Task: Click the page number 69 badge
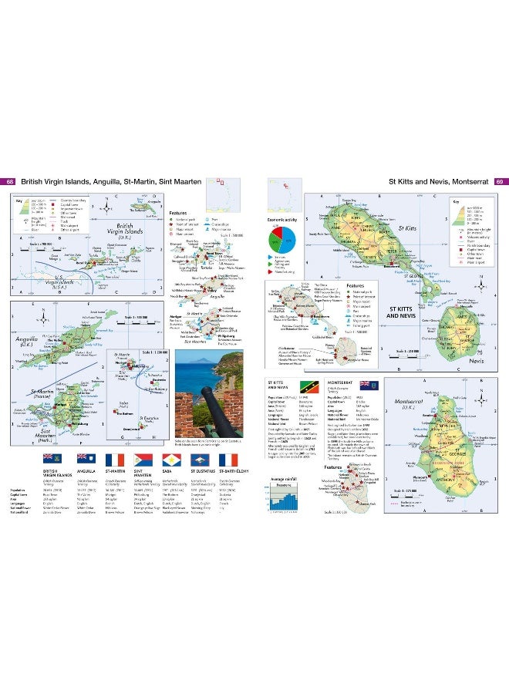[499, 182]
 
